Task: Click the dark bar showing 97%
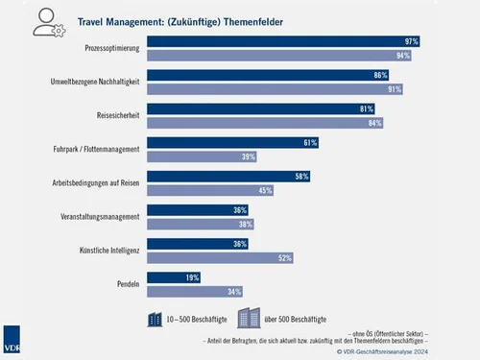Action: (288, 41)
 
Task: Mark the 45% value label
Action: (266, 190)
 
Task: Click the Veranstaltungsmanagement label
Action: (100, 216)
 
